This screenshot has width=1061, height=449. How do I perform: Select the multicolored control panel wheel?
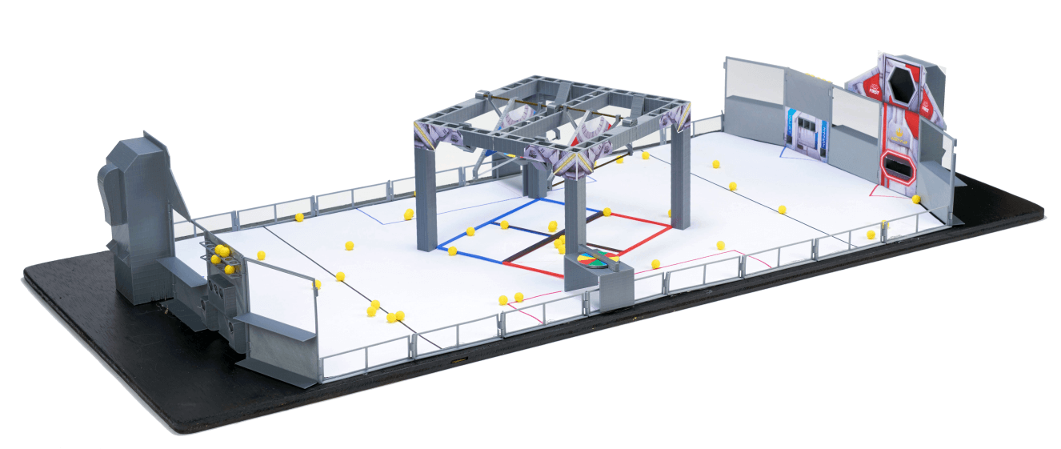pos(594,259)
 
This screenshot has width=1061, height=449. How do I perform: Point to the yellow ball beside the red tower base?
pos(915,198)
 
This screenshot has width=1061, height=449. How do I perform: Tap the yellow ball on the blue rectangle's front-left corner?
pos(453,251)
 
